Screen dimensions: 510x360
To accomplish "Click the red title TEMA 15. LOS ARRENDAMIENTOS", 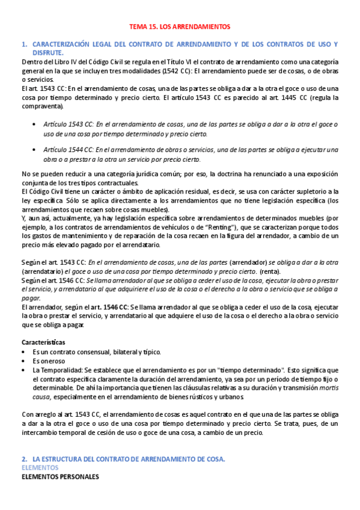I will [x=180, y=26].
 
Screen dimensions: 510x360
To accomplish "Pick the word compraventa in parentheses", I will [x=41, y=106].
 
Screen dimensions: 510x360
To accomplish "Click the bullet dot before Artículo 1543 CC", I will [x=34, y=124].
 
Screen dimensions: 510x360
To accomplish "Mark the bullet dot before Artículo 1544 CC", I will [x=34, y=150].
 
